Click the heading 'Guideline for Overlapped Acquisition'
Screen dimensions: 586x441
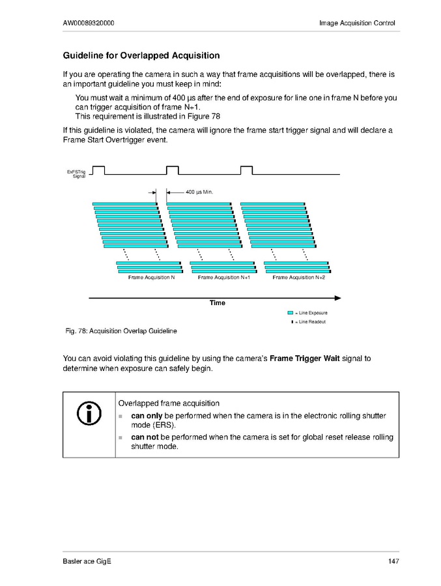pos(141,55)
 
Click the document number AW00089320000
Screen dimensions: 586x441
pos(90,23)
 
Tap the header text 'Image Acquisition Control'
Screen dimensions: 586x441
pos(357,23)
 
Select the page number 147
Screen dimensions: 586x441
pos(392,562)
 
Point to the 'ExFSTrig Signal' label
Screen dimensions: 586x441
pos(78,173)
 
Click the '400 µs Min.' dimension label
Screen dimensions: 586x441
pos(200,192)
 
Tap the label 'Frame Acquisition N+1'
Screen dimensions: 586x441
pos(225,278)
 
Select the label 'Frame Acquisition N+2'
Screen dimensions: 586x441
pos(299,278)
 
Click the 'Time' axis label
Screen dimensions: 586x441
pos(218,303)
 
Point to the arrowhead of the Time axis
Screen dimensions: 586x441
pos(337,298)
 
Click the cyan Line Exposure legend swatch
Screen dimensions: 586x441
pos(291,313)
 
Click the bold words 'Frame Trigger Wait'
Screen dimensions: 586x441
pos(306,359)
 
